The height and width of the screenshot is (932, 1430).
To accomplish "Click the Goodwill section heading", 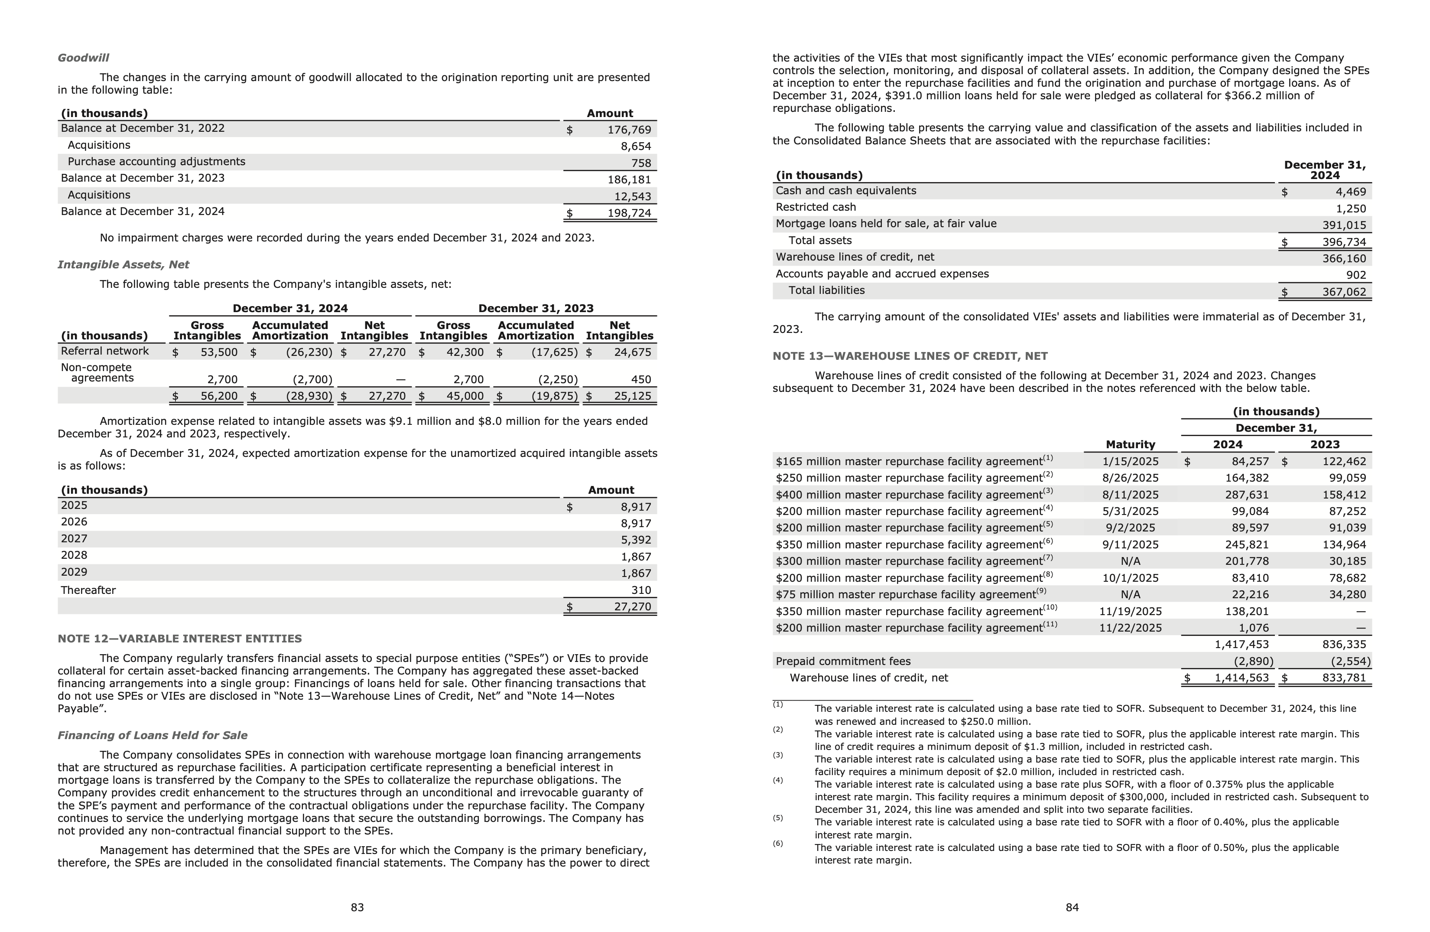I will (x=83, y=58).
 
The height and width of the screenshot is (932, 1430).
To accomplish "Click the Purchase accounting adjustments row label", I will (x=156, y=162).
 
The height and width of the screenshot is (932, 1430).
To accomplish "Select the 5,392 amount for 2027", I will (x=636, y=540).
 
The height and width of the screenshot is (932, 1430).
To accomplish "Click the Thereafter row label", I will (x=88, y=590).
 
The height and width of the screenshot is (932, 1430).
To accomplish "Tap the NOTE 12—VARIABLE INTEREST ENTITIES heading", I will (x=180, y=639).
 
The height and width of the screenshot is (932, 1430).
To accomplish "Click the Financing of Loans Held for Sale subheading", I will (x=152, y=736).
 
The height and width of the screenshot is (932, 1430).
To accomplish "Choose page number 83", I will (x=357, y=907).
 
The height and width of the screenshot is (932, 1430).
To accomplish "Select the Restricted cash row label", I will (x=816, y=207).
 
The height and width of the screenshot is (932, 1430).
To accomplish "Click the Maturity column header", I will (x=1130, y=445).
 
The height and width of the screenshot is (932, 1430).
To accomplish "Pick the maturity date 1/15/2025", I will (x=1130, y=462).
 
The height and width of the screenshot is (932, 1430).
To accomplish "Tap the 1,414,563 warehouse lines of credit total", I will (x=1241, y=678).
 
